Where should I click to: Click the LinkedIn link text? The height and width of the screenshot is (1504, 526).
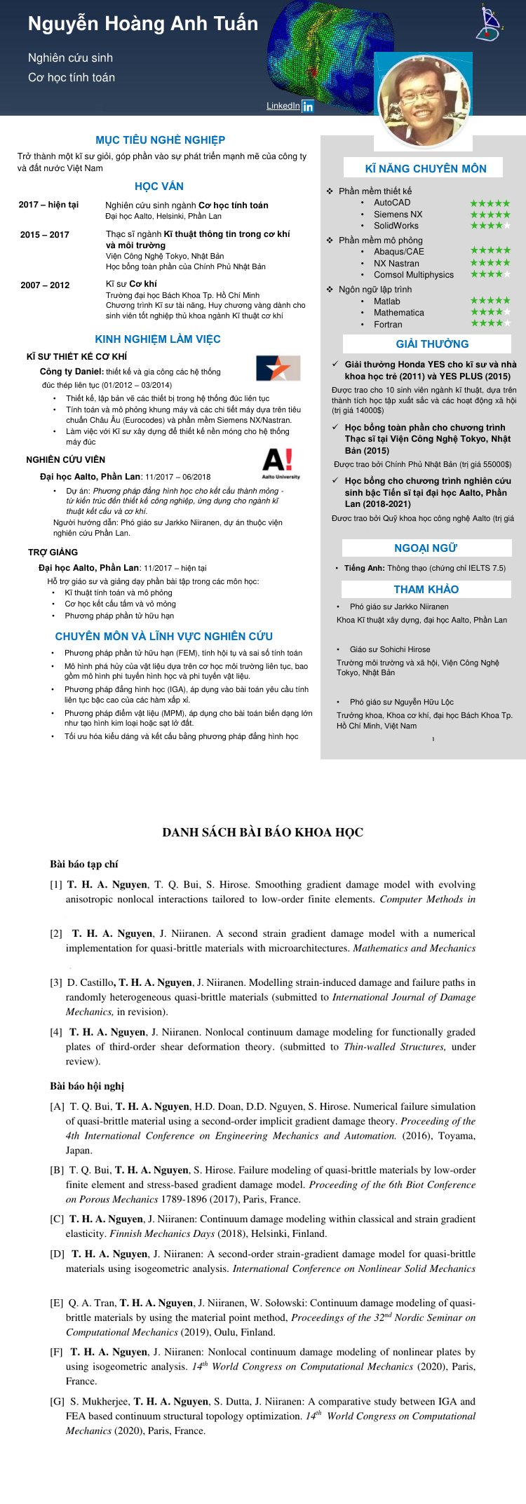coord(283,106)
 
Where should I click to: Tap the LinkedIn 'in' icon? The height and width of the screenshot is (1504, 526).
coord(308,107)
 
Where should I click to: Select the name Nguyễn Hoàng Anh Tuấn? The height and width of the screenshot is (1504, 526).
coord(143,24)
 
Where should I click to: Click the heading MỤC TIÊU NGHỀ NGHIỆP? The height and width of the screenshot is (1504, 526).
coord(161,140)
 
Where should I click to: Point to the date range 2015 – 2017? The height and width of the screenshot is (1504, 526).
coord(45,235)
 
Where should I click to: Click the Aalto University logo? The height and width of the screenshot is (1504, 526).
coord(281,464)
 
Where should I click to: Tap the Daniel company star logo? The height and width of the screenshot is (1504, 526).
coord(278,368)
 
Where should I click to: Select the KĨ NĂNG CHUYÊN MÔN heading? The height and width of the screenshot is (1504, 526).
coord(425,168)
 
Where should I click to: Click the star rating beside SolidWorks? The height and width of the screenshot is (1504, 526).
coord(490,226)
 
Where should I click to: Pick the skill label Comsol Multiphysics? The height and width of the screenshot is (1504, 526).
coord(413,275)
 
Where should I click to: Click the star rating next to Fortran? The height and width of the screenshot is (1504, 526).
coord(490,324)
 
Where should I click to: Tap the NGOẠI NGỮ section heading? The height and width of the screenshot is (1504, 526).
coord(426,548)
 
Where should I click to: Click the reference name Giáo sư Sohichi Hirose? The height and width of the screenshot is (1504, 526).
coord(390,649)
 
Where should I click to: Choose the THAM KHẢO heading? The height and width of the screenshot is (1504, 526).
coord(426,589)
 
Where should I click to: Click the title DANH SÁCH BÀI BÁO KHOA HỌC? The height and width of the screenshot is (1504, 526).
coord(262,832)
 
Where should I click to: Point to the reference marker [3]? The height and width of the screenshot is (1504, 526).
coord(56,982)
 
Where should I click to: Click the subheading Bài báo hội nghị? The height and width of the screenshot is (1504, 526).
coord(86,1085)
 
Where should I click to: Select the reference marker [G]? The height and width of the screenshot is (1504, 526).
coord(58,1401)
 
